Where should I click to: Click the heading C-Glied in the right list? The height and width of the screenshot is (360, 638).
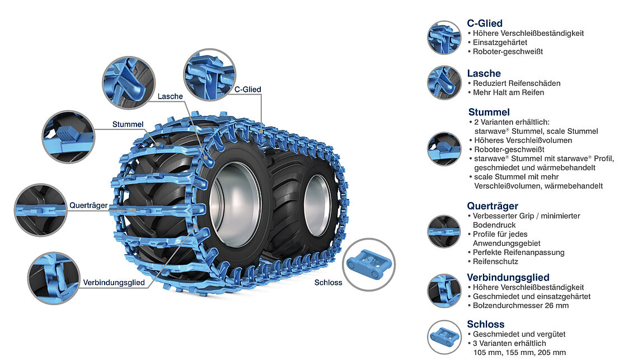coord(485,24)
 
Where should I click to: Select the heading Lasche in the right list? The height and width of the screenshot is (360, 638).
coord(484,73)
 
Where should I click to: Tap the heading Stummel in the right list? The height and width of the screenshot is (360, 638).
coord(489,112)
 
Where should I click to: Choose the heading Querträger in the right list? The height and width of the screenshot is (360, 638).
coord(492,205)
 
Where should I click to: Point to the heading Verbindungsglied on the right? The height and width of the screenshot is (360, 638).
coord(508,277)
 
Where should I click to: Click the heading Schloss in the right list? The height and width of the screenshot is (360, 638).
coord(485,324)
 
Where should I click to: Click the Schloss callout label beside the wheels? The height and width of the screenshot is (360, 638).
coord(328,282)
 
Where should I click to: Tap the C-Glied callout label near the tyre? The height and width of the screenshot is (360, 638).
coord(247,89)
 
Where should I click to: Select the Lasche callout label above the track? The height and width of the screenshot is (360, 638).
coord(170,96)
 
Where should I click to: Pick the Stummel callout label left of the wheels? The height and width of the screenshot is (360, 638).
coord(128,124)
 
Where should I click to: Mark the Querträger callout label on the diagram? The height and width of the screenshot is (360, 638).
coord(88,205)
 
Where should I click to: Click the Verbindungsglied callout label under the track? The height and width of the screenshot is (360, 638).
coord(114,282)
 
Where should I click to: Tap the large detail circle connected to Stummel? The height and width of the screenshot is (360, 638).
coord(68,137)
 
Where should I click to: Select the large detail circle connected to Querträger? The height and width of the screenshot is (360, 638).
coord(41,209)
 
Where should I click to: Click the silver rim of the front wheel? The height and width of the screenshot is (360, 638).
coord(234,204)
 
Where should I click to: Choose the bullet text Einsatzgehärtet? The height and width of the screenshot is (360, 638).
coord(500,42)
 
